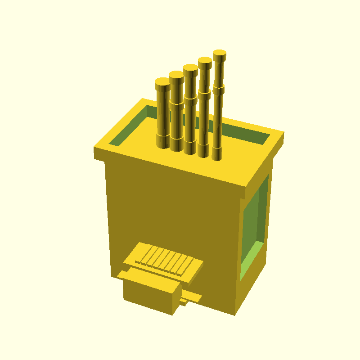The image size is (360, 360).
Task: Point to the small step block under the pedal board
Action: [184, 302]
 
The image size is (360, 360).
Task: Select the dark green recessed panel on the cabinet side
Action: [256, 216]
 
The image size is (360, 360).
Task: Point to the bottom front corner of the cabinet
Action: [235, 314]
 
